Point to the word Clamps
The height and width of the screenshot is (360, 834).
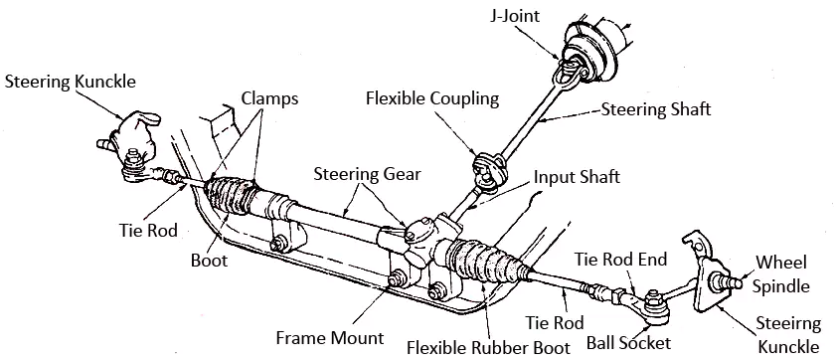pos(269,97)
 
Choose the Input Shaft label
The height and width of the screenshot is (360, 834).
pos(577,177)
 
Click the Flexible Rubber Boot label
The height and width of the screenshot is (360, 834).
pos(488,347)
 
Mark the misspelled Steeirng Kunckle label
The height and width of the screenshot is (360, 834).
pos(790,333)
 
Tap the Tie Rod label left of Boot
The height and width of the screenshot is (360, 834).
pos(146,231)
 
